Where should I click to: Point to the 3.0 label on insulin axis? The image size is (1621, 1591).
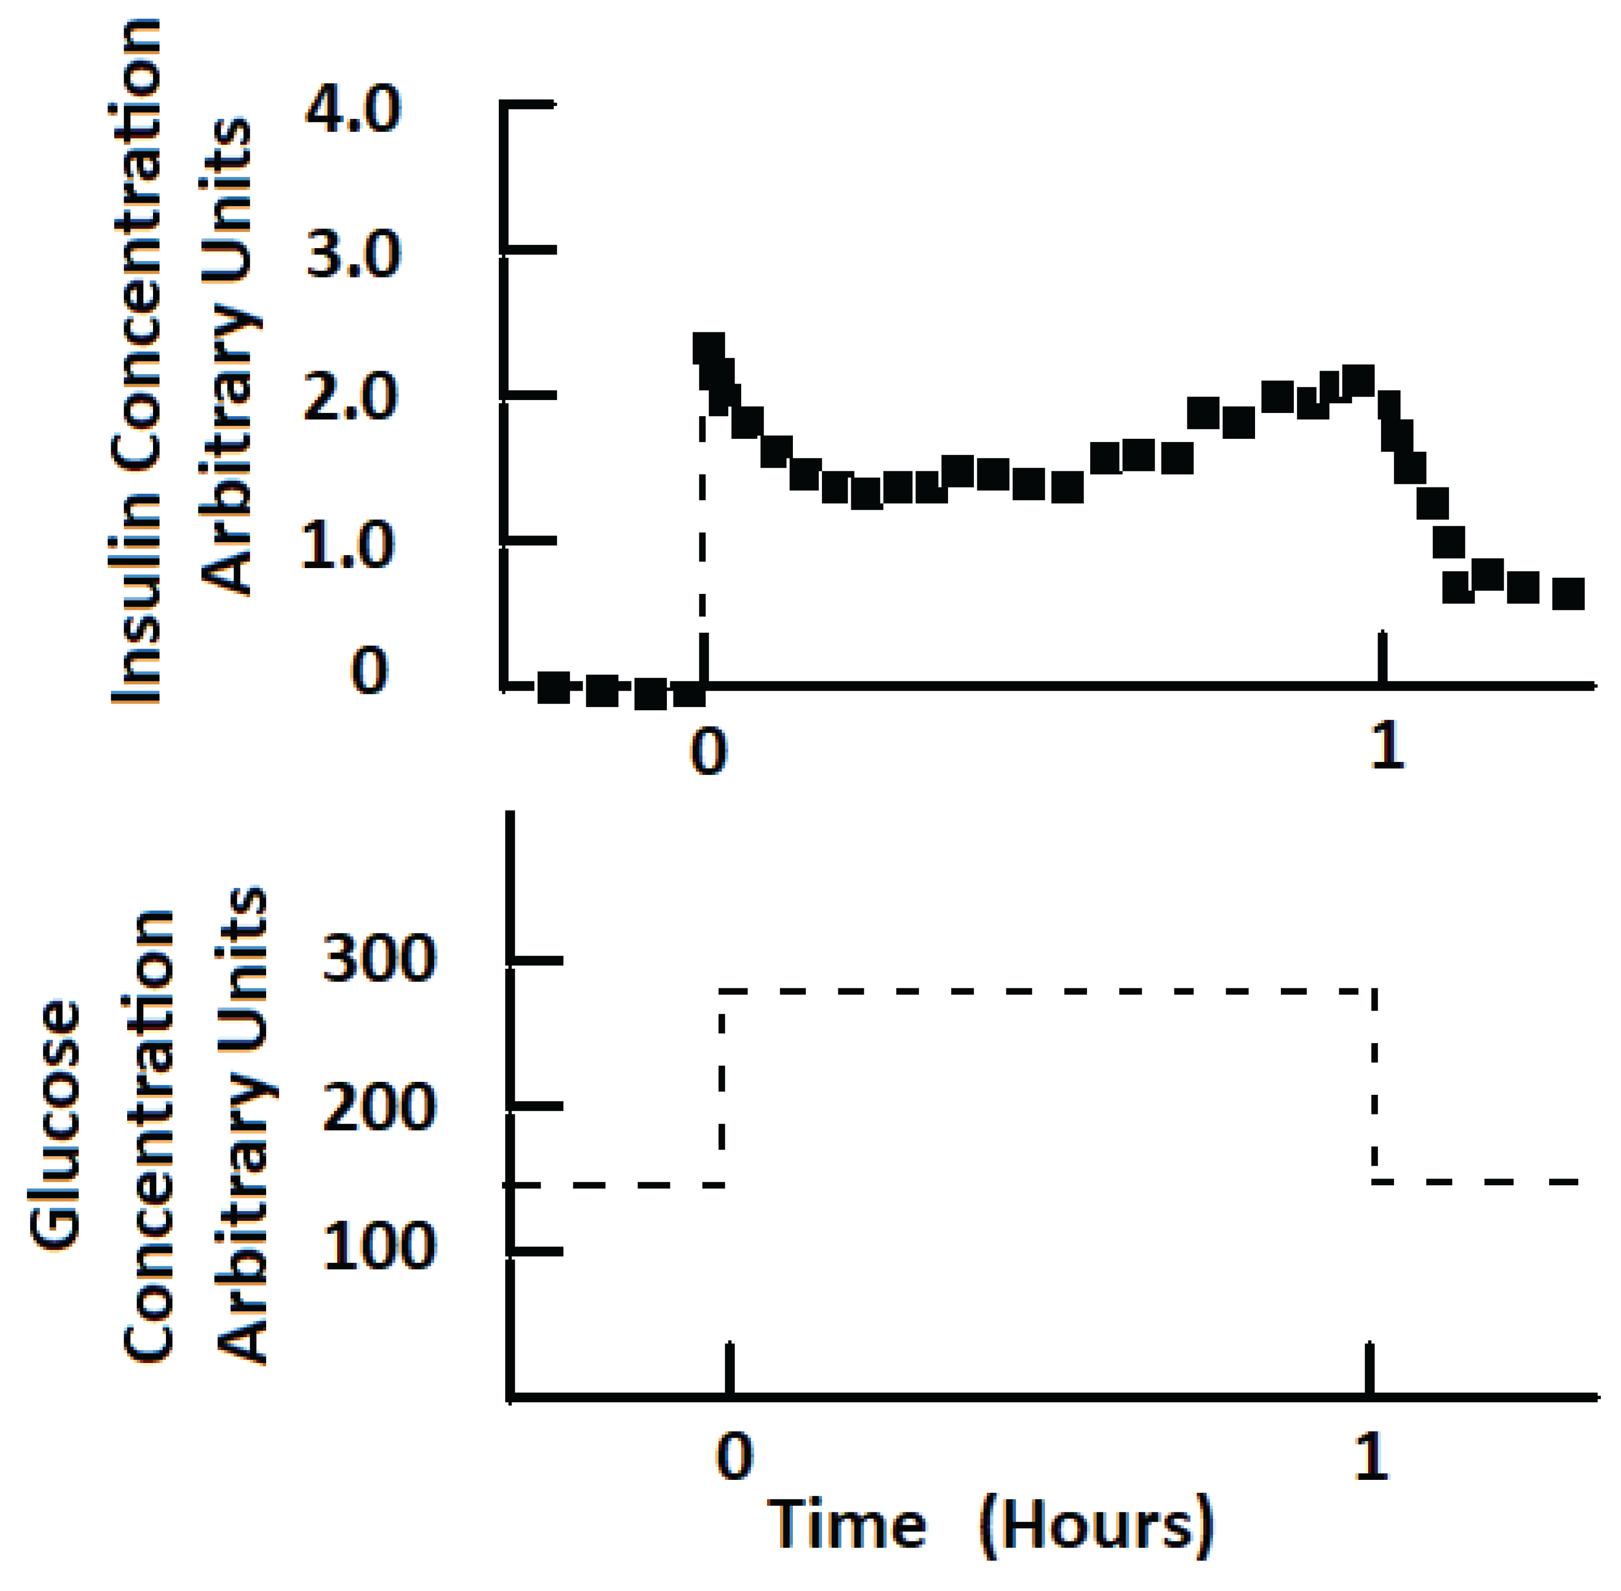click(x=353, y=255)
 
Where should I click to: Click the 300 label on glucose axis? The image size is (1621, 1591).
click(x=378, y=959)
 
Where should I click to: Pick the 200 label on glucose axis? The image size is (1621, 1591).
click(x=378, y=1109)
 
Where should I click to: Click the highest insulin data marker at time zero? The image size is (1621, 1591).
click(x=709, y=348)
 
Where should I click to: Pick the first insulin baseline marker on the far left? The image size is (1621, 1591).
click(x=553, y=687)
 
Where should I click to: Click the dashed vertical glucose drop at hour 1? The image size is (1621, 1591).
click(x=1374, y=1087)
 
